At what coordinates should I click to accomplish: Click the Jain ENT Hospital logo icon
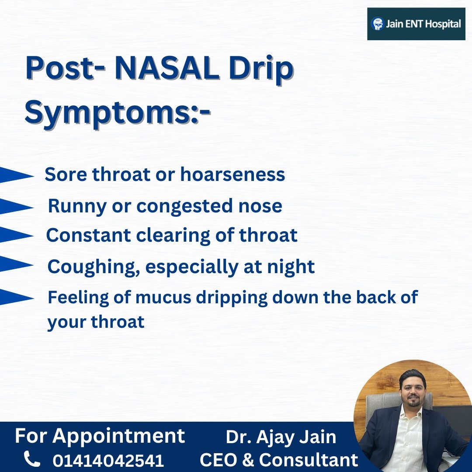(x=378, y=24)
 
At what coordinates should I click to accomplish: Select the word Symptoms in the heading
(x=108, y=112)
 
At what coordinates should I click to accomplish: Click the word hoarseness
(x=233, y=174)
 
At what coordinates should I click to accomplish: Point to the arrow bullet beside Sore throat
(x=17, y=174)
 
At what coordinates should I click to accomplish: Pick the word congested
(x=184, y=207)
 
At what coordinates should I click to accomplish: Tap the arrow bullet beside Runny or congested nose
(x=17, y=206)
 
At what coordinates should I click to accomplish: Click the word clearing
(x=173, y=236)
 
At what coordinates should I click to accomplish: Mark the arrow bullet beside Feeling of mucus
(x=17, y=297)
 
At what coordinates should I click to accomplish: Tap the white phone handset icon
(x=31, y=458)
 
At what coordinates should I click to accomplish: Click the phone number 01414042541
(x=108, y=460)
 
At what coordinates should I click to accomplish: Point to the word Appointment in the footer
(x=118, y=436)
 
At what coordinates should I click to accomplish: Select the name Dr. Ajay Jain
(x=281, y=437)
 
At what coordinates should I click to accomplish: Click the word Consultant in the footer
(x=308, y=460)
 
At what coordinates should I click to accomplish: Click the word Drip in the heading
(x=261, y=69)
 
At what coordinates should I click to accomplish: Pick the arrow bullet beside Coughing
(x=17, y=264)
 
